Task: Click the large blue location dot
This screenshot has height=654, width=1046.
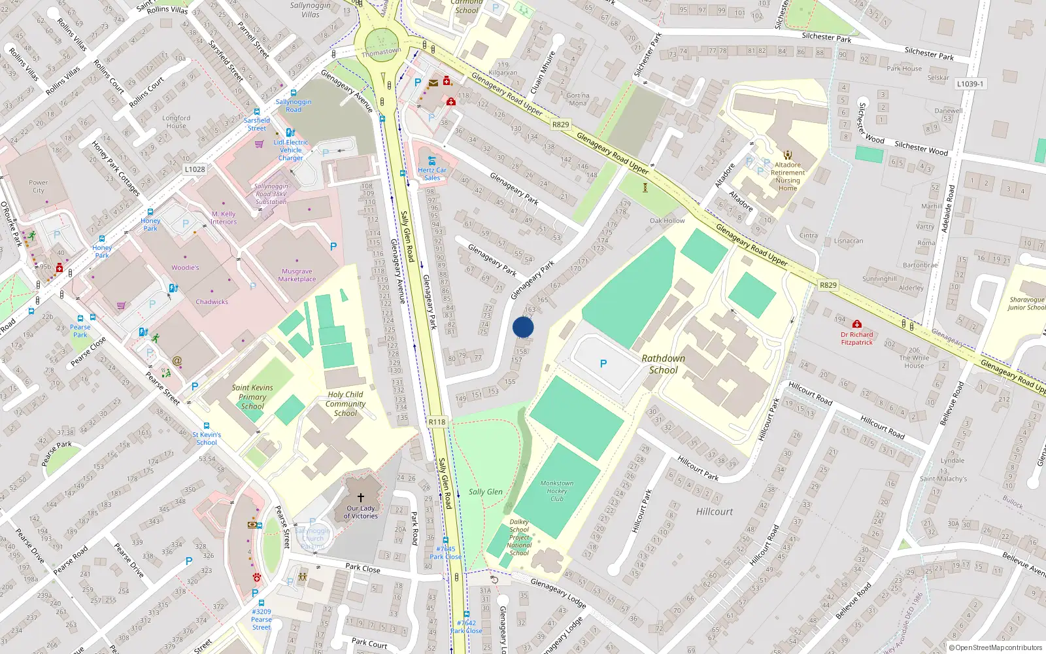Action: pyautogui.click(x=523, y=327)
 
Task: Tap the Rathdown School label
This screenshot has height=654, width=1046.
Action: pyautogui.click(x=663, y=364)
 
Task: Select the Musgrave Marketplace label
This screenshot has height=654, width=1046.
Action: pyautogui.click(x=297, y=275)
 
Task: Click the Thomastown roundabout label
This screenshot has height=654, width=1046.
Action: pyautogui.click(x=381, y=52)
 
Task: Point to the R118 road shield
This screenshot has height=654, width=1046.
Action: pyautogui.click(x=437, y=422)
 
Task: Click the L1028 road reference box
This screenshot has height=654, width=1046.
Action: pyautogui.click(x=195, y=169)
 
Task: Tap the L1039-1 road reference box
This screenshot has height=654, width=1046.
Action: pyautogui.click(x=970, y=84)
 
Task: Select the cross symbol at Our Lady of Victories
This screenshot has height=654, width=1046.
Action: pyautogui.click(x=360, y=498)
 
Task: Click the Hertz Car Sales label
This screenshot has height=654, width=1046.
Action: pyautogui.click(x=432, y=174)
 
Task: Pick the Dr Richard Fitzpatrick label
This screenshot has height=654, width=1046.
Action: pyautogui.click(x=856, y=338)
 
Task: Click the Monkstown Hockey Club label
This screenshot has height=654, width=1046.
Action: pyautogui.click(x=557, y=491)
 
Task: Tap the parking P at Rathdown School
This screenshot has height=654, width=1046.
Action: pyautogui.click(x=603, y=364)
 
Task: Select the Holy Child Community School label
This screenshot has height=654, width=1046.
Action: pyautogui.click(x=345, y=404)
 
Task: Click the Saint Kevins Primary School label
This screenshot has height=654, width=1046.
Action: pyautogui.click(x=252, y=396)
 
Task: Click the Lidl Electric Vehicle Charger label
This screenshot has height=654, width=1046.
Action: pyautogui.click(x=291, y=150)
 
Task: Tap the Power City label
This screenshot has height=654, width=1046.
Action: pyautogui.click(x=39, y=186)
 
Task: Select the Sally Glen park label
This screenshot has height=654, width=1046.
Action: pyautogui.click(x=486, y=492)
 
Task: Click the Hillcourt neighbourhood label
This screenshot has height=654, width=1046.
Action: pyautogui.click(x=715, y=511)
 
